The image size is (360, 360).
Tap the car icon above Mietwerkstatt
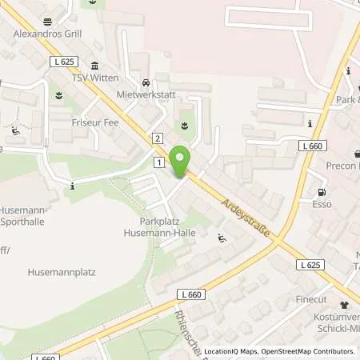146,82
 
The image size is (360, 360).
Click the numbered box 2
158,139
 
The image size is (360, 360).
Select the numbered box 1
159,162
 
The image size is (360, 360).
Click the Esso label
322,204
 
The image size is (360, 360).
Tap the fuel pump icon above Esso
322,192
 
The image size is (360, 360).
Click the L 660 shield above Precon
314,146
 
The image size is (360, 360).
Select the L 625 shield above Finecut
312,265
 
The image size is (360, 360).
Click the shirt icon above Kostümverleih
345,305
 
